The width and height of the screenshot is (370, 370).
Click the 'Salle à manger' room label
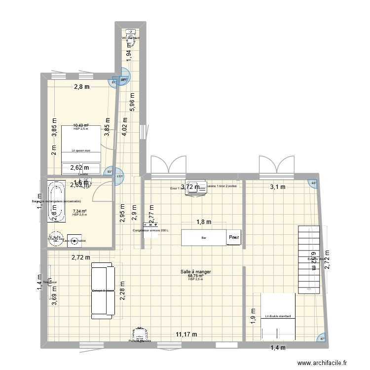(x=195, y=271)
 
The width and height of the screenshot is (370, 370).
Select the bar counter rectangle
(x=204, y=237)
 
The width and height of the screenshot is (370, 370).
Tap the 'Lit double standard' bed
(x=274, y=316)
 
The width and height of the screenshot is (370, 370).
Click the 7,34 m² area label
(x=79, y=211)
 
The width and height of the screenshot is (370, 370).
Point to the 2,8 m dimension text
(x=82, y=87)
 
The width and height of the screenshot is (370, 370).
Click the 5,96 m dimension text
(x=132, y=105)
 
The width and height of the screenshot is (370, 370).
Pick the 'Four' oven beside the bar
(x=234, y=238)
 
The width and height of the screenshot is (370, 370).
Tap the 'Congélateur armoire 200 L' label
(x=150, y=230)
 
